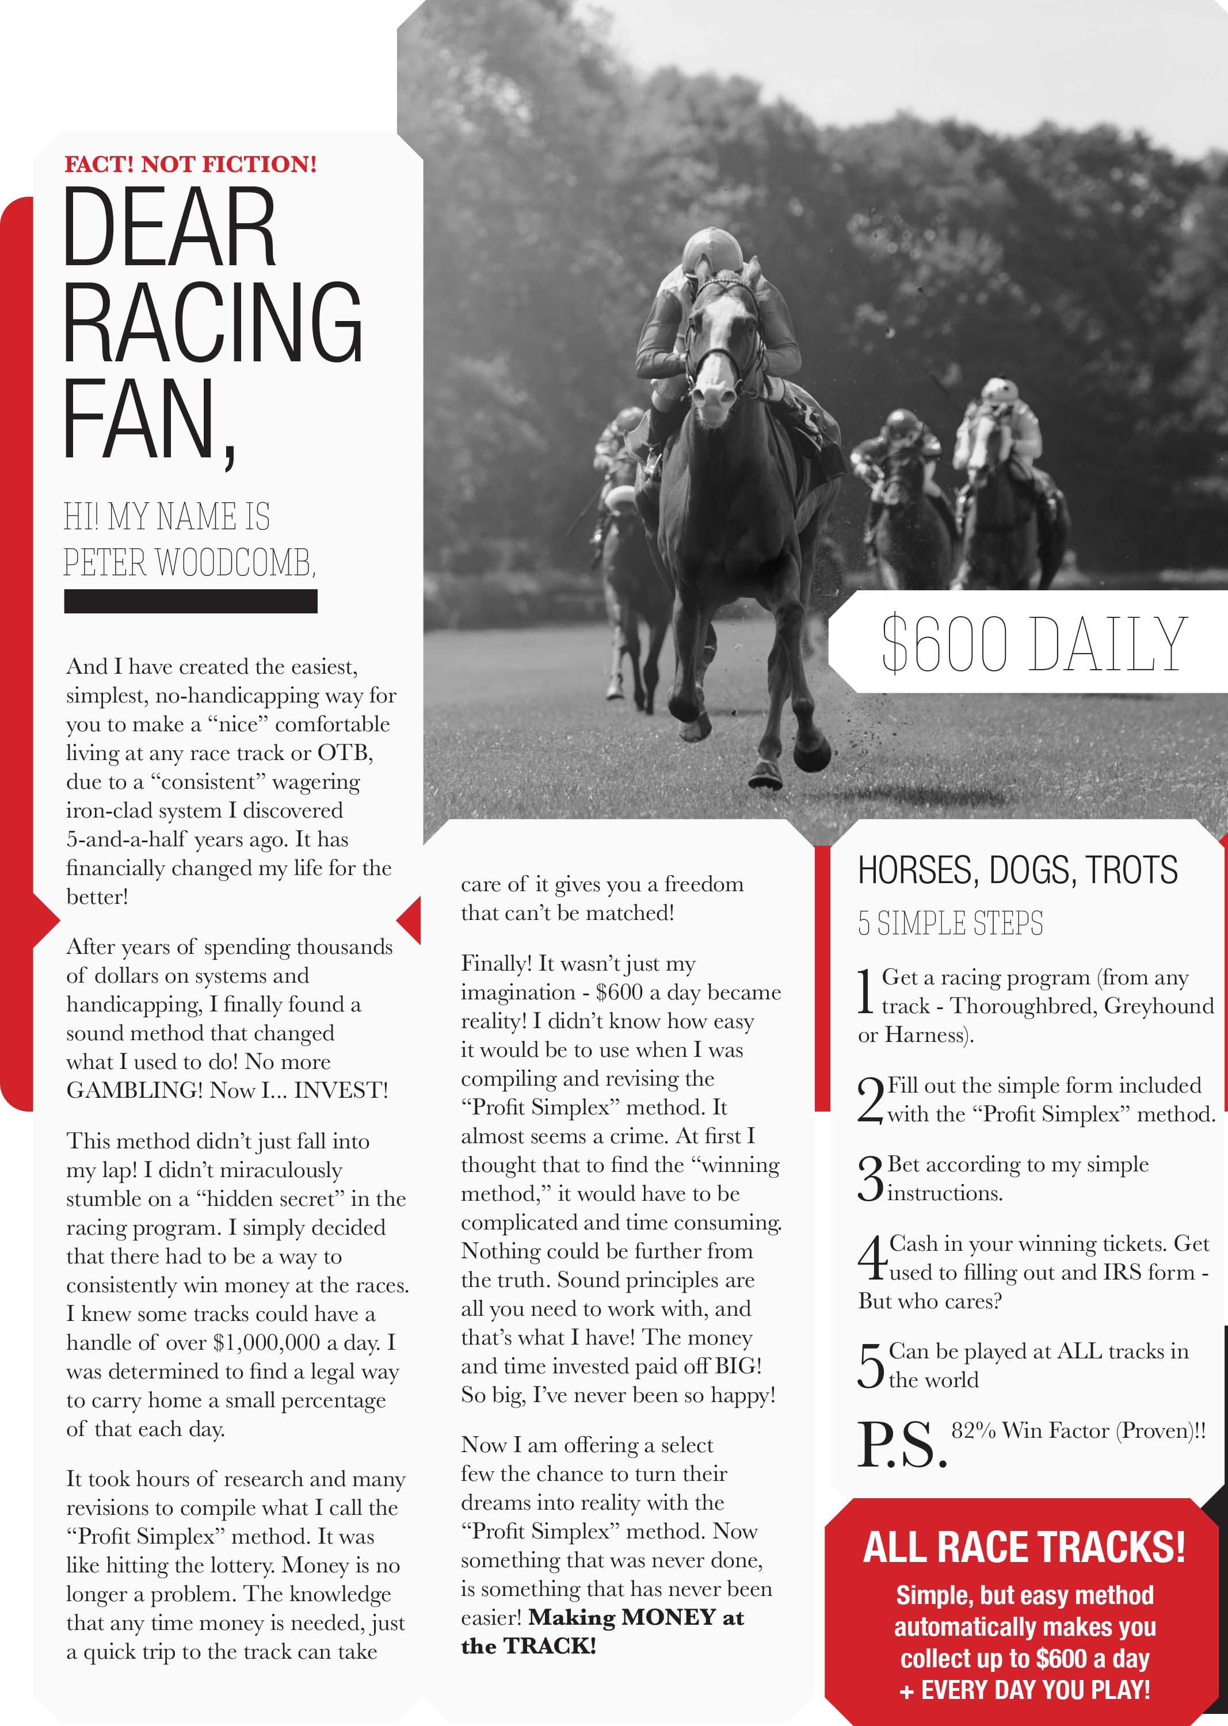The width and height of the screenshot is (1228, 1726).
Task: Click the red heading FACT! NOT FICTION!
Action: [x=190, y=164]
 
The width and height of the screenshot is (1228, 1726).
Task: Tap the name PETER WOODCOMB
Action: [x=189, y=563]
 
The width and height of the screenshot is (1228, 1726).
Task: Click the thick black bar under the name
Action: [x=190, y=601]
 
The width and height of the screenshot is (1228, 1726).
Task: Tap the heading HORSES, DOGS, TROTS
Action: [x=1017, y=870]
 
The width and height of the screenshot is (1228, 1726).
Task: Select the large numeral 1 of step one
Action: [x=866, y=991]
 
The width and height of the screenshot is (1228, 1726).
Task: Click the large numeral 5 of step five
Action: [x=870, y=1366]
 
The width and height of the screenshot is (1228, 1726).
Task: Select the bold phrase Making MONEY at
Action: [x=636, y=1617]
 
